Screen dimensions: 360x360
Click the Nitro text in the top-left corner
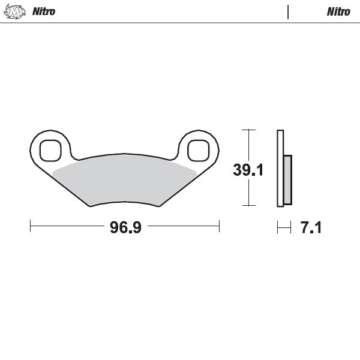coord(43,11)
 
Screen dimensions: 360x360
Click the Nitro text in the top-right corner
coord(338,11)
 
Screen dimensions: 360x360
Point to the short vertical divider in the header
coord(289,11)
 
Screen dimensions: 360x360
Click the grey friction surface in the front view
coord(125,177)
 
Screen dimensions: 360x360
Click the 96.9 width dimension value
coord(125,228)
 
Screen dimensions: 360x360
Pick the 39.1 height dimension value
coord(248,170)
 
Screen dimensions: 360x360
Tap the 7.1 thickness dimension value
coord(310,228)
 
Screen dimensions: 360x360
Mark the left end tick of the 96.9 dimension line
coord(31,227)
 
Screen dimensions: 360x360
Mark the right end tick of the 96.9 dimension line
coord(219,227)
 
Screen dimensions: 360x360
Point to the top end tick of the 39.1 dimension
coord(248,130)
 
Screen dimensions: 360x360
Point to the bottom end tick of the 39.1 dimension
coord(248,206)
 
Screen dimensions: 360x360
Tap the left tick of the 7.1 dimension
coord(277,227)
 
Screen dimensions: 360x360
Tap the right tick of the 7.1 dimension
coord(291,227)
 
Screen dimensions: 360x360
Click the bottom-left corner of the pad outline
coord(90,206)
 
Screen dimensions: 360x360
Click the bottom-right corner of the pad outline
coord(160,206)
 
